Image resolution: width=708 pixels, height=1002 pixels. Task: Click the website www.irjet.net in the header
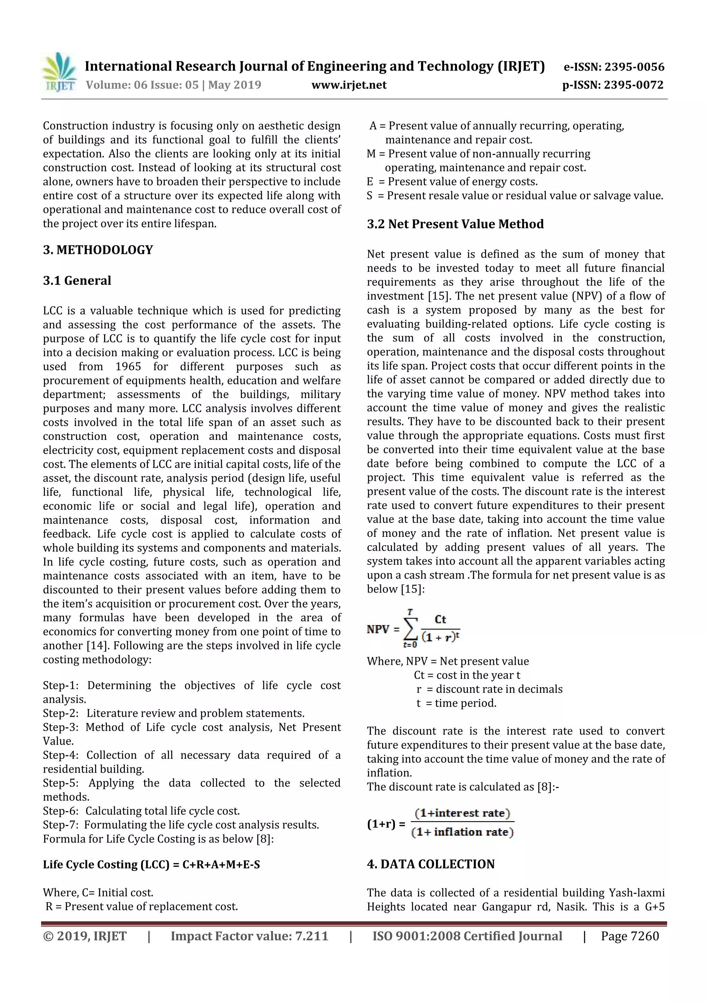[348, 85]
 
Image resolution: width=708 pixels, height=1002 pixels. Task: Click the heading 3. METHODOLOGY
[98, 250]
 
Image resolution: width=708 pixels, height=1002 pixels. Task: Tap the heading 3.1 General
[77, 281]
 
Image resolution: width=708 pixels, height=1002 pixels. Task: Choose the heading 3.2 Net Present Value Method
[455, 224]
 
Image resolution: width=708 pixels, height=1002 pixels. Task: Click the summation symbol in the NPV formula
[410, 629]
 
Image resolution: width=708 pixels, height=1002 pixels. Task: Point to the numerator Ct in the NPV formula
[440, 619]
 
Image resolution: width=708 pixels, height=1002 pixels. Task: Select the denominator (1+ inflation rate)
[463, 832]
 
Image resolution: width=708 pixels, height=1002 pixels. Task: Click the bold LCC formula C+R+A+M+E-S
[221, 865]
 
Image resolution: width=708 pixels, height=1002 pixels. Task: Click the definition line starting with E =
[452, 182]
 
